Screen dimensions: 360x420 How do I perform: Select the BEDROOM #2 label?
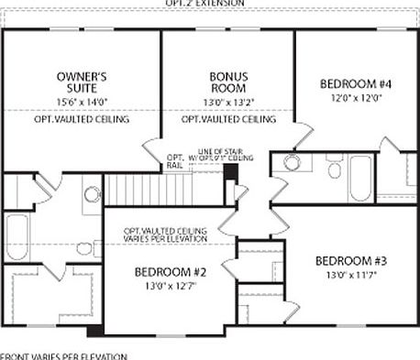(x=168, y=273)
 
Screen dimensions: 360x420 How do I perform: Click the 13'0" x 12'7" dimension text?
(x=168, y=288)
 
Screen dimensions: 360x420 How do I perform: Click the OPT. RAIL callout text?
(x=175, y=162)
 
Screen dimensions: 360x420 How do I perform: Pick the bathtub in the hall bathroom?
(x=361, y=171)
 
